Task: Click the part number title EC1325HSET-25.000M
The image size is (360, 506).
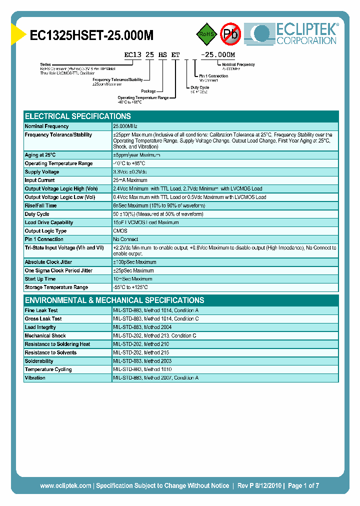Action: click(91, 35)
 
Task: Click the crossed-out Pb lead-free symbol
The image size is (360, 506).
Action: click(231, 34)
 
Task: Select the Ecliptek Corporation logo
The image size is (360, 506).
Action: click(295, 33)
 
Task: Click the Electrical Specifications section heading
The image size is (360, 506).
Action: click(78, 116)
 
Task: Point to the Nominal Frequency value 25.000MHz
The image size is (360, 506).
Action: click(125, 126)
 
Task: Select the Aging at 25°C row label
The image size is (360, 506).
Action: click(40, 155)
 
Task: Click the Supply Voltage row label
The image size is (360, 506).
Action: click(42, 172)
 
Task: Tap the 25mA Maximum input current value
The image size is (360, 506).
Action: click(130, 180)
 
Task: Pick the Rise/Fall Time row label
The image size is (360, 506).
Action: click(40, 205)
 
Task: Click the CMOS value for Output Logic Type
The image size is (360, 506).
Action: click(120, 231)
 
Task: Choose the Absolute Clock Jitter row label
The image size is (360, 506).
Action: click(49, 262)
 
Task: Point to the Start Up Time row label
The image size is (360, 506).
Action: click(40, 279)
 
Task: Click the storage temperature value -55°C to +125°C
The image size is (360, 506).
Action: click(130, 287)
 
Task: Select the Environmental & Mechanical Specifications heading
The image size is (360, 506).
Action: click(114, 300)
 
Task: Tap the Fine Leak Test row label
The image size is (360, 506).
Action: click(41, 310)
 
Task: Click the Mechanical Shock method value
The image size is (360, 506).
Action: click(154, 336)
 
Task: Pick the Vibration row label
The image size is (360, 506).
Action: click(35, 378)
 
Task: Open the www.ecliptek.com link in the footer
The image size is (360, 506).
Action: click(65, 485)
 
